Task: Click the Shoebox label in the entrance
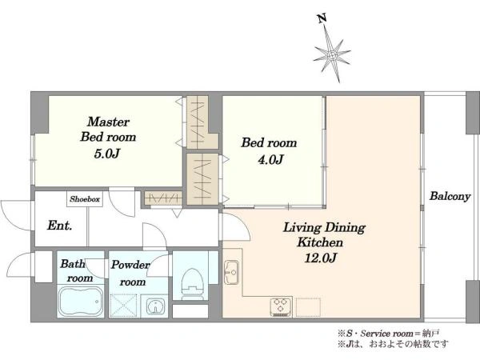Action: point(85,199)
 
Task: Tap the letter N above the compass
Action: point(322,18)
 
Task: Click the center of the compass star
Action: point(332,55)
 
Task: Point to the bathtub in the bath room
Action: point(81,301)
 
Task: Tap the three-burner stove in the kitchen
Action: point(281,306)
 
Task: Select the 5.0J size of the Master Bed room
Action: point(106,154)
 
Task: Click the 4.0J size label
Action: point(270,159)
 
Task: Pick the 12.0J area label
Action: point(321,258)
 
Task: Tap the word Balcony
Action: point(450,196)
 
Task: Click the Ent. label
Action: point(60,226)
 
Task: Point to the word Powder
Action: point(130,265)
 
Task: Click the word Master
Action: point(108,122)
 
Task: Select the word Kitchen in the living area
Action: point(320,242)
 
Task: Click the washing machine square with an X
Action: point(123,306)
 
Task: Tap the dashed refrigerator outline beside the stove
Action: point(308,307)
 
